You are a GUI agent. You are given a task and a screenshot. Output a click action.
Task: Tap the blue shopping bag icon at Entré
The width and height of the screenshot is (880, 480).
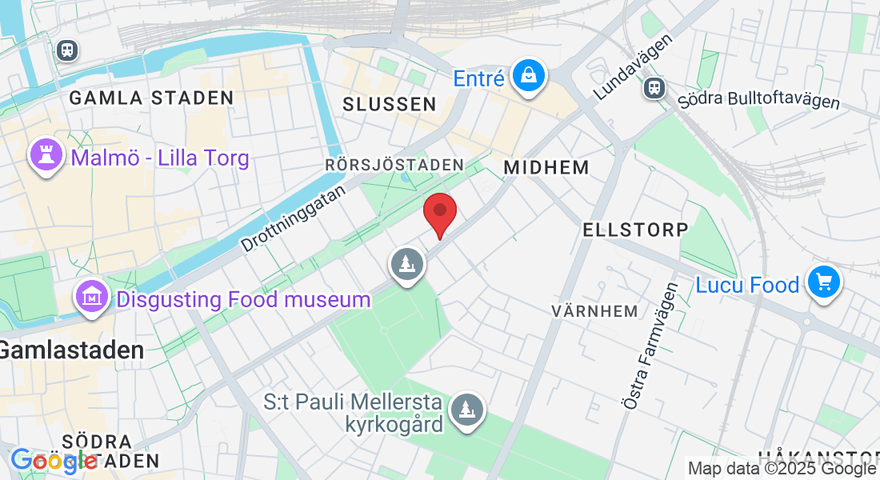[529, 77]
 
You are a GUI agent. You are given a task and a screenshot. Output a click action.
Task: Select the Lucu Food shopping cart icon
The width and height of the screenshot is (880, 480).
[824, 282]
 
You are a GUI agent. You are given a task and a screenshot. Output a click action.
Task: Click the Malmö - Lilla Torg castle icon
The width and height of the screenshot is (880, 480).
[46, 154]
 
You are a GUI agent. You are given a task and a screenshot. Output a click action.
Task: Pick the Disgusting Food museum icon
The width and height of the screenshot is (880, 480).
[92, 297]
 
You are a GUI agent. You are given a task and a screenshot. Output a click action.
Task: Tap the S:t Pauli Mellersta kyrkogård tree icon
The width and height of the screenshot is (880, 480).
[466, 410]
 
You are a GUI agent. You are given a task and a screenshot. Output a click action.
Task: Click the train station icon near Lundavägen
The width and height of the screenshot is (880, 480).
[654, 87]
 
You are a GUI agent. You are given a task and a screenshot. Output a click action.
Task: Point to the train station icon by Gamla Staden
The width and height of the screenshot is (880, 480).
[67, 50]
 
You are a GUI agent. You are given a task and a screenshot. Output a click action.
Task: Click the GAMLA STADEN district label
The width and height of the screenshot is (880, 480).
[151, 98]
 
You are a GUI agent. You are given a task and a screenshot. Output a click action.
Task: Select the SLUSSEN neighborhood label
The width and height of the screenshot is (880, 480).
[390, 104]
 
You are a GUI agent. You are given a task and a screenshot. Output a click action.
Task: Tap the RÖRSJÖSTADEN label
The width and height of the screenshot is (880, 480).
[394, 165]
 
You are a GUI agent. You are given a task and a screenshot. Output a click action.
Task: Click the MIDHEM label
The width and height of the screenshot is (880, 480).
[546, 168]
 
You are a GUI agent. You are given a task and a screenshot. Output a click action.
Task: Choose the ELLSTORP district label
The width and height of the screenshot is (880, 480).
[635, 230]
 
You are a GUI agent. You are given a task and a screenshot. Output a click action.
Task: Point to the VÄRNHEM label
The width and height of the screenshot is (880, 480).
[595, 310]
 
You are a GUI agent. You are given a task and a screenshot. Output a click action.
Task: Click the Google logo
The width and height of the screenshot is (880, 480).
[53, 461]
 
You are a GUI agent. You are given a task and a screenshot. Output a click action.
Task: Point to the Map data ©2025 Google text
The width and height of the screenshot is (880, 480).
[781, 469]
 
